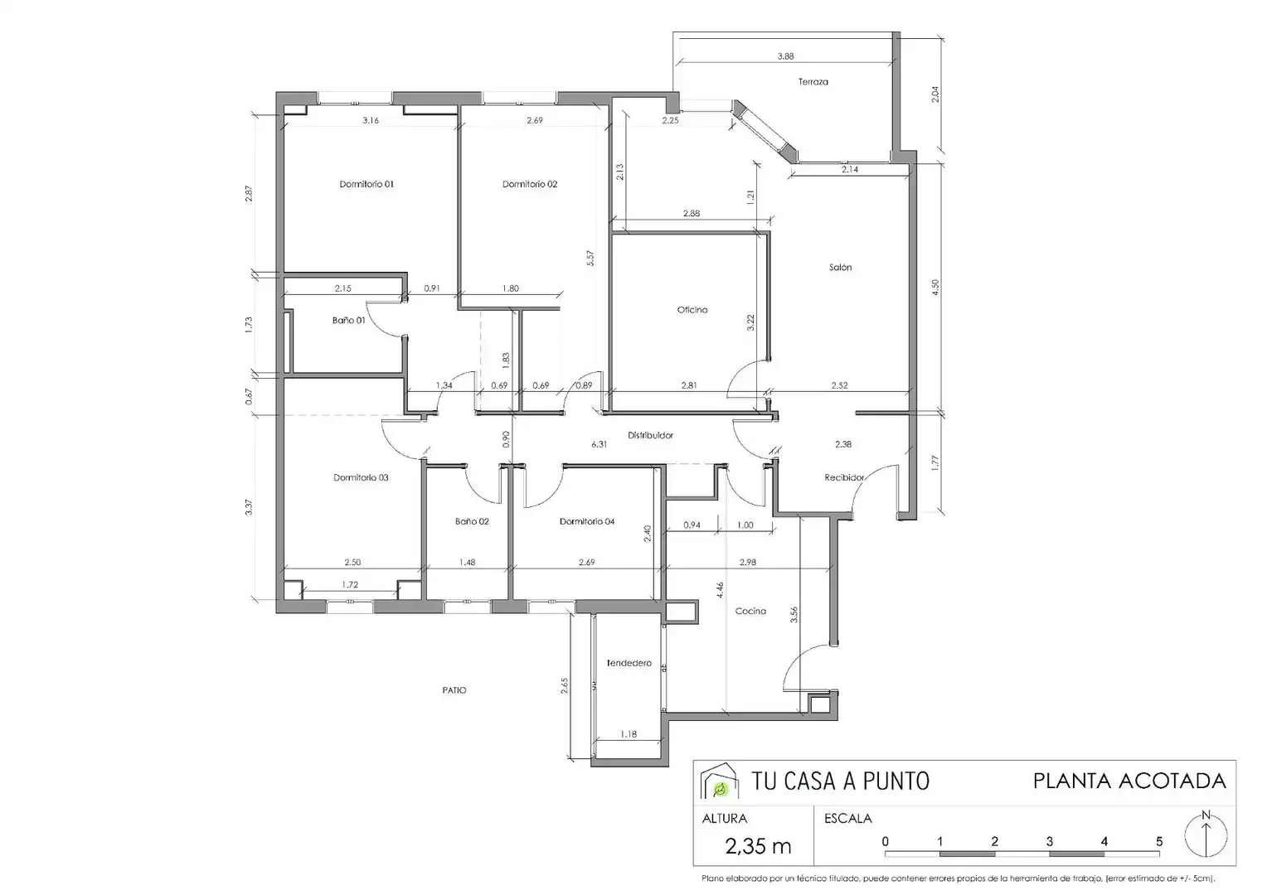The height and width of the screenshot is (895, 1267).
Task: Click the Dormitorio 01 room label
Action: click(367, 184)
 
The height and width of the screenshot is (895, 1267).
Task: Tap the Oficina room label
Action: click(692, 310)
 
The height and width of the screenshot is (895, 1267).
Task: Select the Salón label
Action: click(841, 267)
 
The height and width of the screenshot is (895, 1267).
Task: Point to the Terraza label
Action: click(813, 81)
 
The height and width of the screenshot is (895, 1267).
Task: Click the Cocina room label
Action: click(750, 611)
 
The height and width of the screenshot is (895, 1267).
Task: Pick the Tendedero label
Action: click(629, 663)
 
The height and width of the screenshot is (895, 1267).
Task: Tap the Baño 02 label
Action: click(472, 521)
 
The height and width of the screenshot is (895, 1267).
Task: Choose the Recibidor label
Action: click(844, 477)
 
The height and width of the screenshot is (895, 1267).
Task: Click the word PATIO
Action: click(454, 689)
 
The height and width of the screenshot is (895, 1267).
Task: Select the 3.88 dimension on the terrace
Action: click(785, 56)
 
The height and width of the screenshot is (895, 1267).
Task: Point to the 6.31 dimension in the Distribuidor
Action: click(599, 444)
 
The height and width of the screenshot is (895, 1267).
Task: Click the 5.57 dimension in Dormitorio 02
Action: click(590, 259)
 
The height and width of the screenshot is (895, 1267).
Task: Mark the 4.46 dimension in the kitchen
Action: click(720, 590)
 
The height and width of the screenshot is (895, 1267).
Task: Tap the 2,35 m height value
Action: click(758, 846)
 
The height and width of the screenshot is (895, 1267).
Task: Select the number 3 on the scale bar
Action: click(1049, 841)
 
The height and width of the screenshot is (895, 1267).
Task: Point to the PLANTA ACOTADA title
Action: click(1129, 781)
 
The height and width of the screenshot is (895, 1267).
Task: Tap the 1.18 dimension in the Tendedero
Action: click(629, 734)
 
